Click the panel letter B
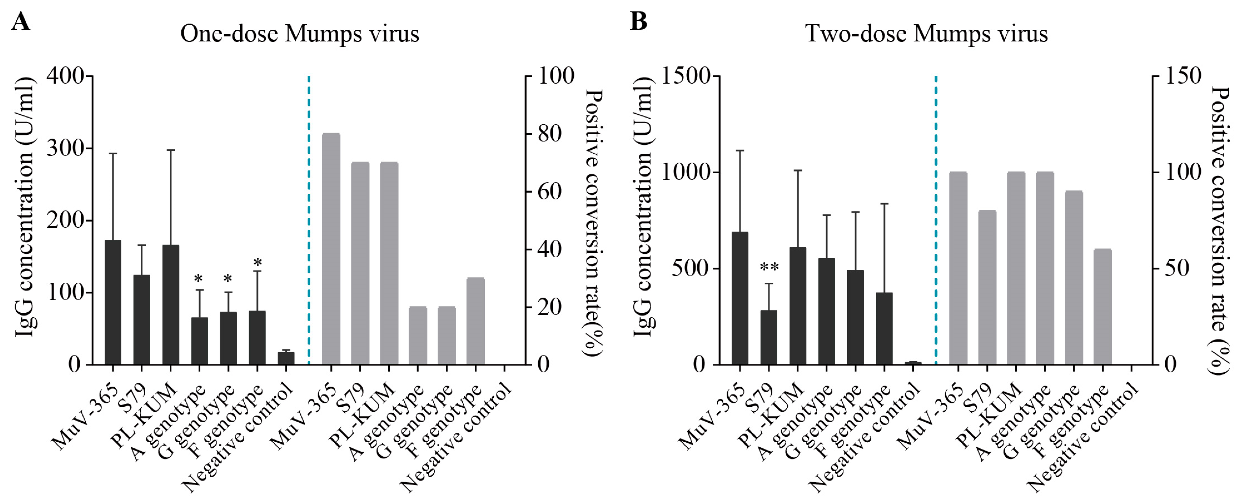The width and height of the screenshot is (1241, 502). (x=639, y=21)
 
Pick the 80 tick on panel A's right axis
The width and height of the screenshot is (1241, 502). (x=550, y=134)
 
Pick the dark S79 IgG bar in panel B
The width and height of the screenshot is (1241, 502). (x=769, y=337)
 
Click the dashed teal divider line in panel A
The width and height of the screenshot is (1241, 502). (x=309, y=217)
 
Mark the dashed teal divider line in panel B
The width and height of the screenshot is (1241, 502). (x=936, y=217)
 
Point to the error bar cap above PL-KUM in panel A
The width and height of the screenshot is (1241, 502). (x=170, y=150)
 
